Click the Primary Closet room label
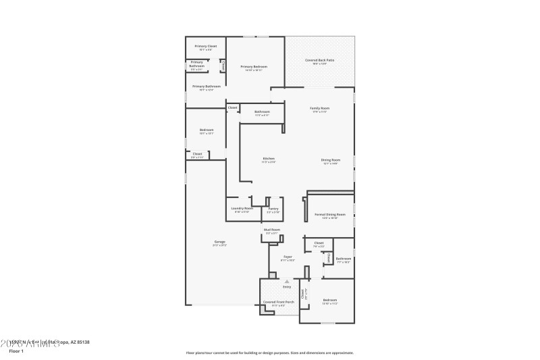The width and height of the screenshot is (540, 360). pyautogui.click(x=206, y=47)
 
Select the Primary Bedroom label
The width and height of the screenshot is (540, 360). pyautogui.click(x=254, y=67)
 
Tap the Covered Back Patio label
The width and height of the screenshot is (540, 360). pyautogui.click(x=319, y=60)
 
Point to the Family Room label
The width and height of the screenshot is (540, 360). pyautogui.click(x=319, y=108)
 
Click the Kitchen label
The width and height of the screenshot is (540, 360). pyautogui.click(x=269, y=159)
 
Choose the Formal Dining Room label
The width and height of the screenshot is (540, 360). pyautogui.click(x=330, y=215)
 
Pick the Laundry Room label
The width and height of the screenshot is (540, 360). pyautogui.click(x=242, y=209)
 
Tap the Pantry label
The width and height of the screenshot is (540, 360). pyautogui.click(x=273, y=209)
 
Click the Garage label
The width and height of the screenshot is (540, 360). pyautogui.click(x=220, y=241)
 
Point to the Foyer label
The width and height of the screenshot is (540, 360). pyautogui.click(x=288, y=257)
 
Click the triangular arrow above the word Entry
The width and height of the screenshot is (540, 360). pyautogui.click(x=287, y=280)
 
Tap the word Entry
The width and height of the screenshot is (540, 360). pyautogui.click(x=287, y=286)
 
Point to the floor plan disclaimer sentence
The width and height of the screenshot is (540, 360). pyautogui.click(x=269, y=352)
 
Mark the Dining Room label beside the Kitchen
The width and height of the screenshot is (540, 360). pyautogui.click(x=330, y=160)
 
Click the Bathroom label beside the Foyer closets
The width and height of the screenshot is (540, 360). pyautogui.click(x=344, y=258)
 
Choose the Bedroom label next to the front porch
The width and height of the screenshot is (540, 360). pyautogui.click(x=329, y=300)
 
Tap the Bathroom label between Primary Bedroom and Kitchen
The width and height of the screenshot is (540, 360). pyautogui.click(x=262, y=111)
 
